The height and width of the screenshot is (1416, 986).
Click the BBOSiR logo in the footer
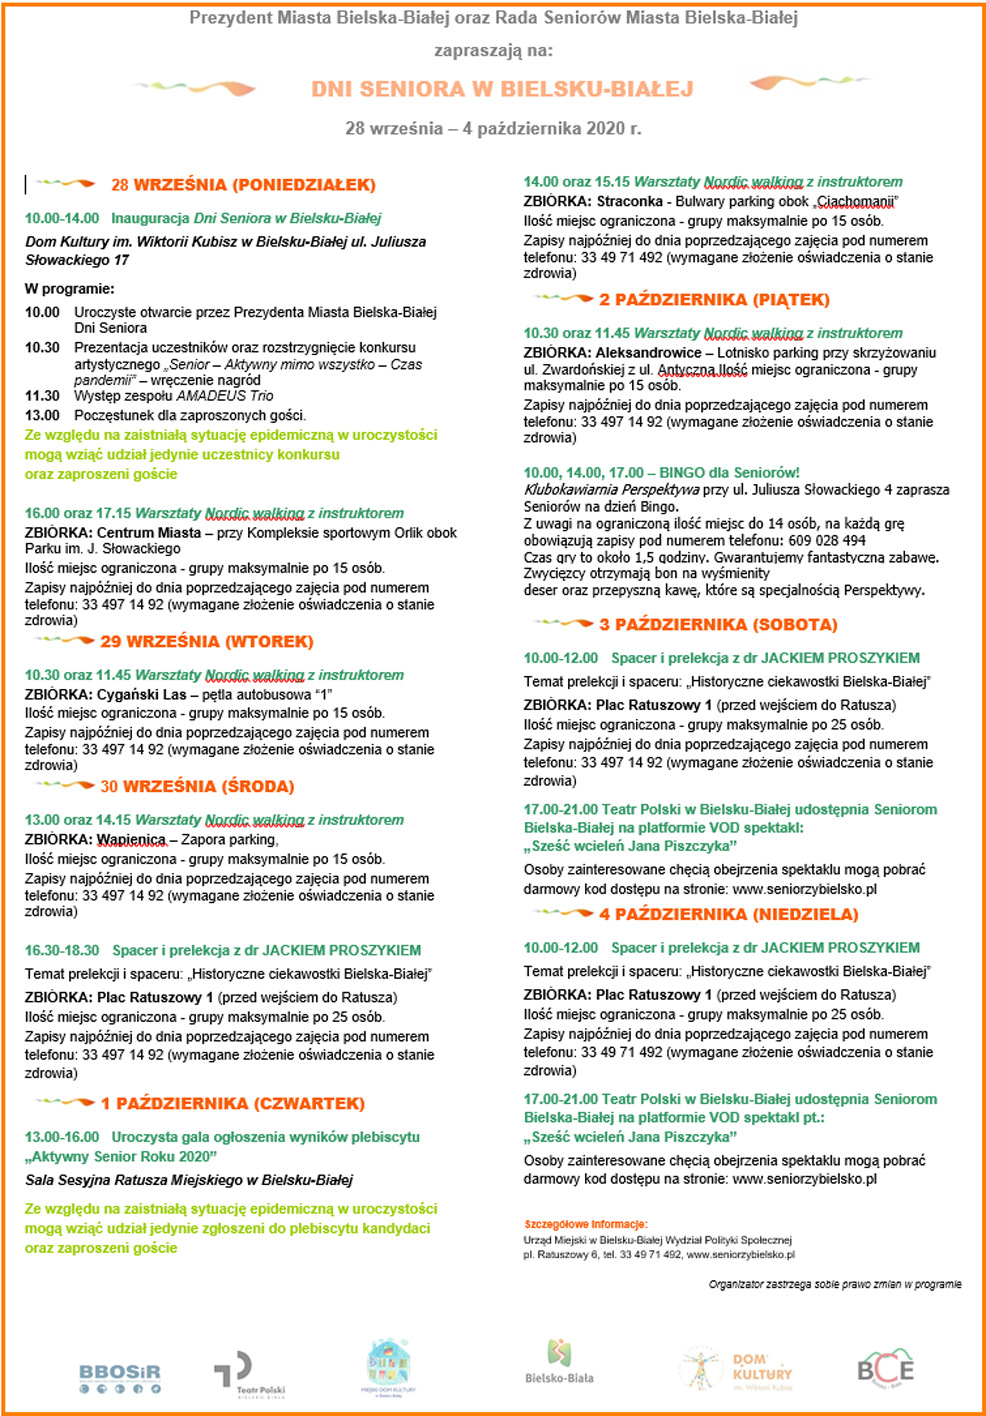click(x=120, y=1375)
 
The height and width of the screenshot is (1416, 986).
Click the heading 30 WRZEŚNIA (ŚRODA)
click(x=198, y=786)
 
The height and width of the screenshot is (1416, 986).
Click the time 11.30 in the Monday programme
click(x=42, y=396)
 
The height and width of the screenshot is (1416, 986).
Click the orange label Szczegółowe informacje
click(x=585, y=1224)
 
